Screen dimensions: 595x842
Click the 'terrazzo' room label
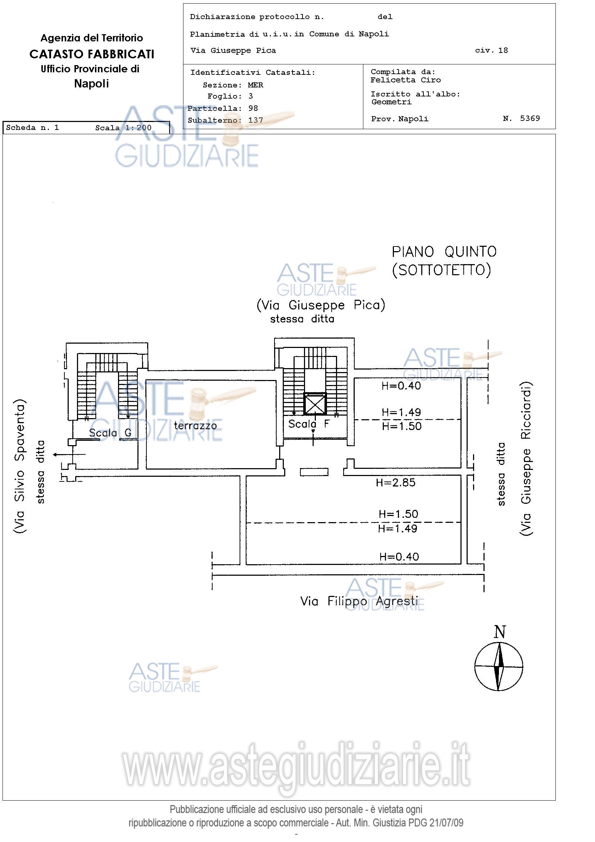(195, 426)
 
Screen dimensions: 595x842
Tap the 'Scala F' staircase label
(309, 424)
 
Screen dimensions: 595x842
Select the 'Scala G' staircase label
(110, 433)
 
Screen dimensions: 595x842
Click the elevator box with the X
(315, 403)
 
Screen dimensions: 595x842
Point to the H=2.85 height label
(396, 482)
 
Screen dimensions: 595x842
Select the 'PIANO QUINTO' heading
(444, 252)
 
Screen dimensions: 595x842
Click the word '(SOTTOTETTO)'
(441, 270)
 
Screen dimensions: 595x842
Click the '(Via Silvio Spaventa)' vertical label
(19, 466)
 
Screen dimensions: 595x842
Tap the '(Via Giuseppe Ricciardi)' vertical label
(526, 459)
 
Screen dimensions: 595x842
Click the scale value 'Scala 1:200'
(123, 128)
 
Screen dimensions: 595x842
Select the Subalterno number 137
(255, 120)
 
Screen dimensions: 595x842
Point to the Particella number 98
(253, 108)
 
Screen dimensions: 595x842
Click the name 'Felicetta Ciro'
(405, 80)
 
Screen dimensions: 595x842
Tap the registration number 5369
(530, 118)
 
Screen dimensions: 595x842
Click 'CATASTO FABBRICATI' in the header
(92, 54)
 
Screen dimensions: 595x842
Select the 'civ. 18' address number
(492, 50)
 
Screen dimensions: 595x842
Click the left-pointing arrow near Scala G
(69, 455)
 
